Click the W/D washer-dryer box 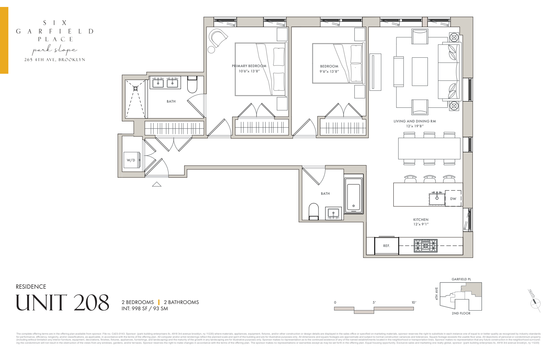click(132, 160)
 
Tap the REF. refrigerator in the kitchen click(386, 245)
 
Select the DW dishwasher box click(453, 199)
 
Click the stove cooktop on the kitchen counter click(425, 246)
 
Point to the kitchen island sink click(437, 199)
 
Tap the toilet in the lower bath click(314, 211)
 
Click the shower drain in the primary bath click(135, 88)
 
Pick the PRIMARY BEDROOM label click(249, 66)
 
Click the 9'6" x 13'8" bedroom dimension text click(329, 71)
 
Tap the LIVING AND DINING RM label click(415, 121)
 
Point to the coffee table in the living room click(419, 71)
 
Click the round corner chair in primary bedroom click(218, 38)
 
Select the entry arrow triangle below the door click(157, 184)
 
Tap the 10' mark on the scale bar click(414, 303)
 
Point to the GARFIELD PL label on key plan click(461, 279)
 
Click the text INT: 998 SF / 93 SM click(145, 308)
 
